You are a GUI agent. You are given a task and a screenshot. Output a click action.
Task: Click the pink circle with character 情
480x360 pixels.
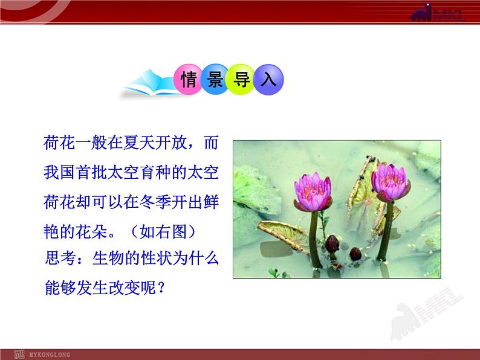coord(188,79)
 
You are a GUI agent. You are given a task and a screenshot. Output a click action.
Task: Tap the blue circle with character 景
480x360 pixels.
coord(215,79)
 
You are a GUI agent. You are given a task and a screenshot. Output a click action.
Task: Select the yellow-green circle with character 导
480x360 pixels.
coord(241,79)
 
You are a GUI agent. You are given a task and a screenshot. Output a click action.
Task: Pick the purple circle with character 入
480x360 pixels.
coord(268,80)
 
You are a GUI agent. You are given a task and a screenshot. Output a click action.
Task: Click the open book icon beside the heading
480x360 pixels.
coord(150,83)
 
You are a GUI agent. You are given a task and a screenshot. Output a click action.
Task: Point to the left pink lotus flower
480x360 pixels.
coord(313,192)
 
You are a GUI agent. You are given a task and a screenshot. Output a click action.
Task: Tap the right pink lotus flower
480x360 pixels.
coord(391,182)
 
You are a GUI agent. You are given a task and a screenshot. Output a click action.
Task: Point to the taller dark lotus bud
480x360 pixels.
coord(332,244)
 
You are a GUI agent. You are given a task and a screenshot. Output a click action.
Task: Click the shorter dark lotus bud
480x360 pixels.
coord(355,254)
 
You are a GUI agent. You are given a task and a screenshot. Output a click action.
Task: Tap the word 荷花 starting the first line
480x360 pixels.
coord(59,143)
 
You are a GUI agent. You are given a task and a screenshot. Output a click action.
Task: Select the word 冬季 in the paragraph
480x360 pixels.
coord(155,202)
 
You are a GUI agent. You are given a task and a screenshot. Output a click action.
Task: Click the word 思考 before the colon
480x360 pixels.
coord(60,258)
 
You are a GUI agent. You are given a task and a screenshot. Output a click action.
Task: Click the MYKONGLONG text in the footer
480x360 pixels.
coord(50,355)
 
